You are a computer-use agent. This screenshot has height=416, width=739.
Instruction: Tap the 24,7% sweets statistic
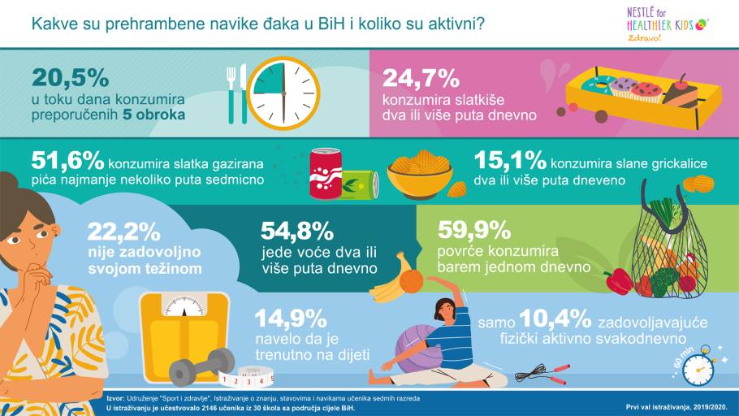tap(421, 78)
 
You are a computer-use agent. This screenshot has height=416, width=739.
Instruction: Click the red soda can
tap(326, 172)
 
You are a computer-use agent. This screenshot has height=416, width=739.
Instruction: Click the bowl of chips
tap(420, 175)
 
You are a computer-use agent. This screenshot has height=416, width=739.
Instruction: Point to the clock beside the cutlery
tap(283, 91)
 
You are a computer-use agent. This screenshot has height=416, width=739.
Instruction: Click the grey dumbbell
tap(201, 366)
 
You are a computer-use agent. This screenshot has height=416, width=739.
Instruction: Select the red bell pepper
tap(618, 281)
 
